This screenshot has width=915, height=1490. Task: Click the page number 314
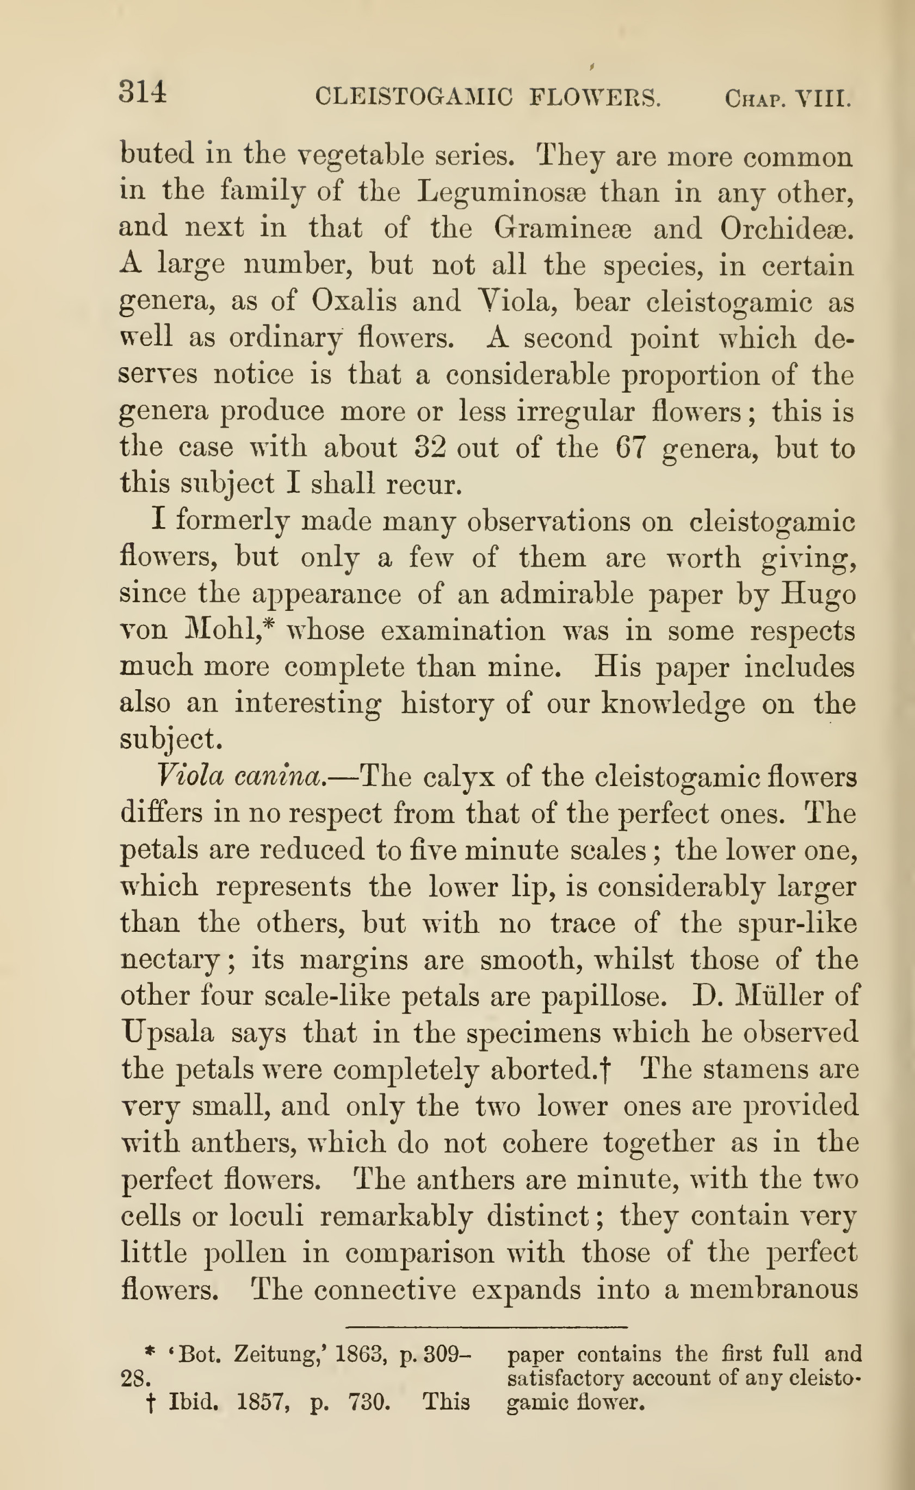pyautogui.click(x=143, y=92)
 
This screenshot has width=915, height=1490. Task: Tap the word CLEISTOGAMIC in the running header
pyautogui.click(x=414, y=97)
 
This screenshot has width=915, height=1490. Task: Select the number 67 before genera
pyautogui.click(x=631, y=447)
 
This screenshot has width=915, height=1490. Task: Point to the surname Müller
pyautogui.click(x=776, y=996)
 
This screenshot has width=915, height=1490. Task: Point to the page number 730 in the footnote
pyautogui.click(x=369, y=1402)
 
